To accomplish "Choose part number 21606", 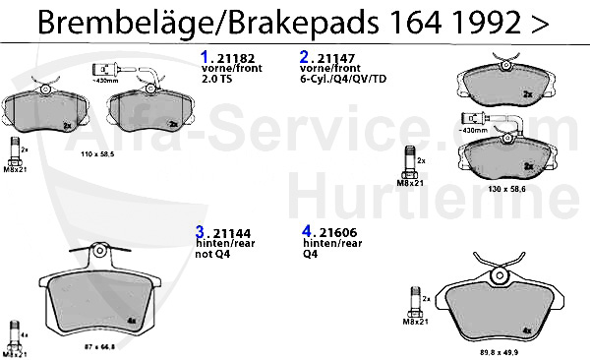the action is (328, 233).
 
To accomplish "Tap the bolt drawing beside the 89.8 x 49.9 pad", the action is (414, 304).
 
